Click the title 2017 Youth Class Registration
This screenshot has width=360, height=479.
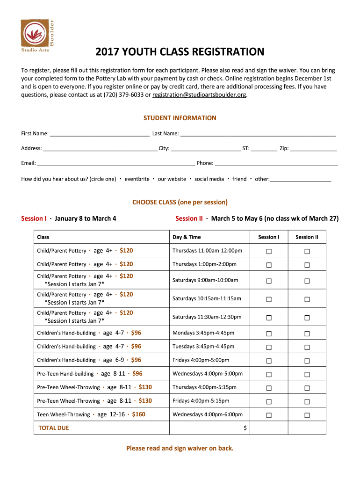tap(180, 52)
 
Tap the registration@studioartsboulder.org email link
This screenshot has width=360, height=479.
tap(199, 94)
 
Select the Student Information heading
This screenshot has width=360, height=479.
tap(180, 118)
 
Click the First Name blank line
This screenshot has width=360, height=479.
tap(100, 134)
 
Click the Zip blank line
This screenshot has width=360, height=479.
tap(313, 149)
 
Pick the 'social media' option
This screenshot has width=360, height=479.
tap(209, 179)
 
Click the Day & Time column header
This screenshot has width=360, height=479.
tap(187, 237)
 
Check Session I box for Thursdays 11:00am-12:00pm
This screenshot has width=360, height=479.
tap(269, 252)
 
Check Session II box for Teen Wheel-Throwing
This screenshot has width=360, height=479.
tap(307, 415)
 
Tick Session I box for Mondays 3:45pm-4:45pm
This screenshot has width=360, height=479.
tap(269, 334)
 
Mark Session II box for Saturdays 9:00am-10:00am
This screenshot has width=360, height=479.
tap(307, 281)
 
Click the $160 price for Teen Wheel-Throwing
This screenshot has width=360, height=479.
tap(138, 414)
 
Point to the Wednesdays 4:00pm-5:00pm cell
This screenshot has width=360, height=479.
tap(208, 374)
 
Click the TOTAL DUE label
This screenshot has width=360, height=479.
tap(53, 428)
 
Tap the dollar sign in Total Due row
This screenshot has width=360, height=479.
tap(245, 428)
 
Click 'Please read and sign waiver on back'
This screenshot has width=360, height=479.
tap(180, 449)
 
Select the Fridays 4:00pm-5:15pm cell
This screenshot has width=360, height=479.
tap(201, 401)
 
